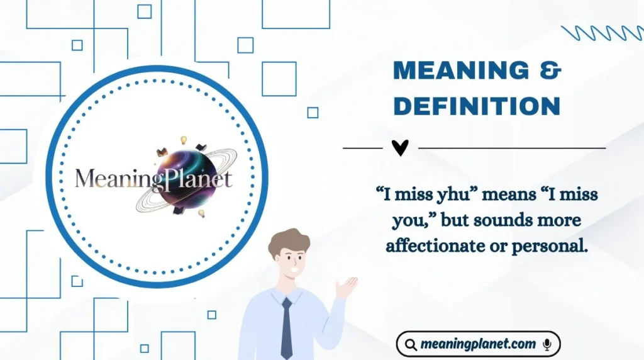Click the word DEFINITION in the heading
point(476,106)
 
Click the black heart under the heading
point(400,148)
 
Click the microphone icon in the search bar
point(547,344)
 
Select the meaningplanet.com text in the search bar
point(478,344)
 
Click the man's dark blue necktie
point(287,327)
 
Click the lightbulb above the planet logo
point(184,140)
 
